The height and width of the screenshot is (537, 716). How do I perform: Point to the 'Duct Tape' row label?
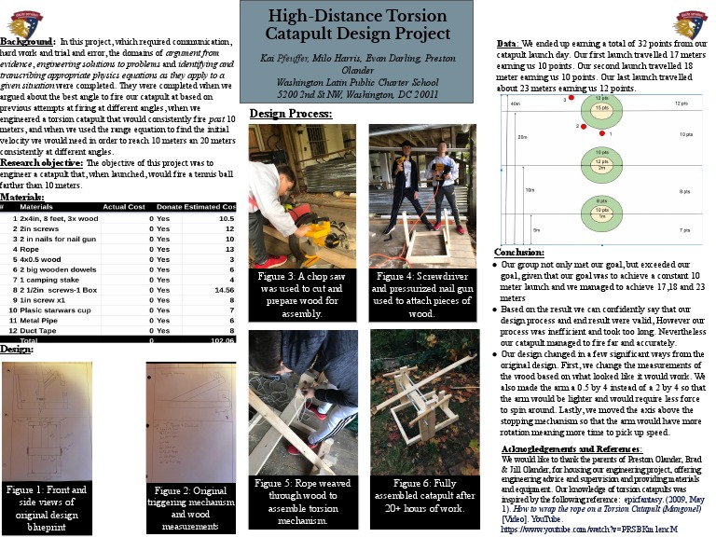[x=36, y=330]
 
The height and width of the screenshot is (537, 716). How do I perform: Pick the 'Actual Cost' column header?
[x=127, y=206]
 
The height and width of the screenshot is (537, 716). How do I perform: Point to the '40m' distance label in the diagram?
[x=516, y=103]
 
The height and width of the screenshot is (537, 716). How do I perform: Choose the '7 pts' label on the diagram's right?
[x=684, y=229]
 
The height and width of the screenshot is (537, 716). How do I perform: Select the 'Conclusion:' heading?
[x=518, y=252]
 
